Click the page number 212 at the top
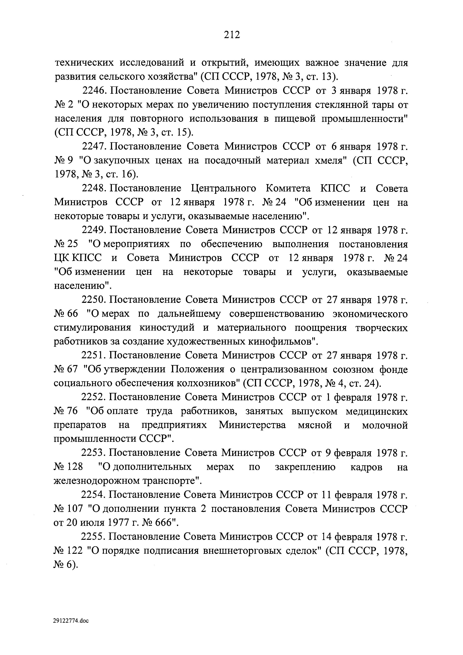pos(232,35)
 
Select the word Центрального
pos(223,189)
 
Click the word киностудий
pos(167,328)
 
